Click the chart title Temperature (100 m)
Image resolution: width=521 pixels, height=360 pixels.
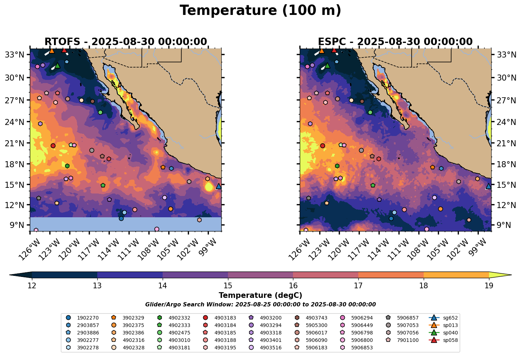260,11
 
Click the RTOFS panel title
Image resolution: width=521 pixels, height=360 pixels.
125,42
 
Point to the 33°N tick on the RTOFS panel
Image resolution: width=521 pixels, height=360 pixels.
17,55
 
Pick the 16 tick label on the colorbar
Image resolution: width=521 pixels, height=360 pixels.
293,286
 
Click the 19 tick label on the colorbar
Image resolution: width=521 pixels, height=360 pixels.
489,286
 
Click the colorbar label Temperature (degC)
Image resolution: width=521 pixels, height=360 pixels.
260,295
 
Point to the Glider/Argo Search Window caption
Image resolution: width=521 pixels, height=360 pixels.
260,305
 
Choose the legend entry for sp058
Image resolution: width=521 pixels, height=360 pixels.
444,340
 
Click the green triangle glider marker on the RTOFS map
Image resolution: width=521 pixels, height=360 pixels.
58,66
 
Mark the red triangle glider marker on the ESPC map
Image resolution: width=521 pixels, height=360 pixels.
334,50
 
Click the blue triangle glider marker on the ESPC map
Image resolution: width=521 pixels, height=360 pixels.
489,186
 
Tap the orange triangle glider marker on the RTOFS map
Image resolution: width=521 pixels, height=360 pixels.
52,51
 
